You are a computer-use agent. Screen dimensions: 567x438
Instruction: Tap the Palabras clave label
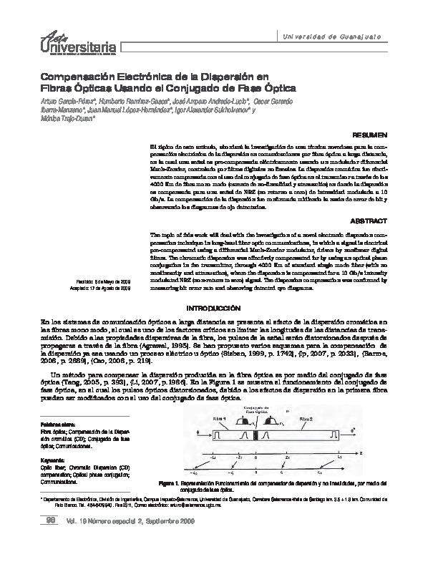click(57, 425)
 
